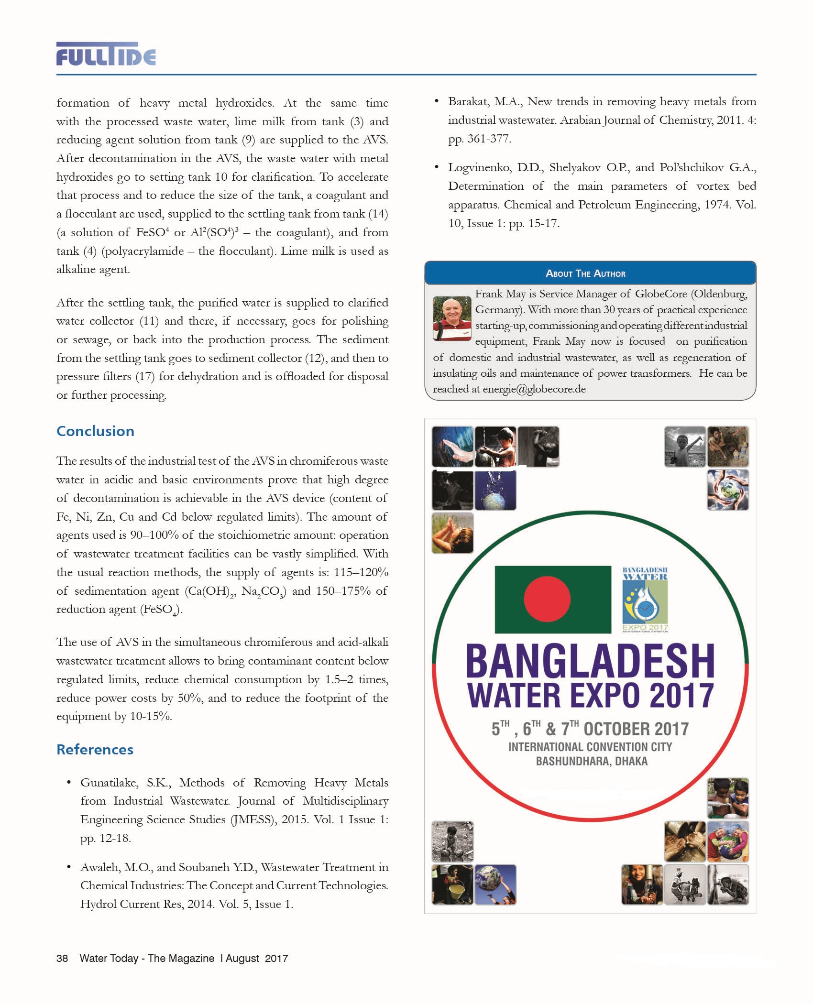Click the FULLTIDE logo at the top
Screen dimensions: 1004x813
click(x=106, y=54)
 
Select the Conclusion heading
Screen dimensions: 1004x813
click(x=95, y=431)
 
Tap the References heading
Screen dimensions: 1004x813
click(x=95, y=750)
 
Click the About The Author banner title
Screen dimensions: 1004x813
click(x=585, y=273)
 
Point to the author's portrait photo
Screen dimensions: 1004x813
click(x=451, y=318)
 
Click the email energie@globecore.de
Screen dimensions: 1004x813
click(x=534, y=389)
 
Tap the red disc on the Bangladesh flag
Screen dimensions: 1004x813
click(x=547, y=599)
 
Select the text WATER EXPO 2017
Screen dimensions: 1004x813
click(x=590, y=696)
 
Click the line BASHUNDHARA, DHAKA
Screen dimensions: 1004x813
click(x=591, y=762)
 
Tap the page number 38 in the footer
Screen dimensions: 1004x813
click(x=62, y=958)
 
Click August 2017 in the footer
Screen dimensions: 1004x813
click(x=257, y=958)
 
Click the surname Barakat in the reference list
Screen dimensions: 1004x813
click(x=468, y=102)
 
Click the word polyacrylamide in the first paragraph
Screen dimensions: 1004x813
click(x=143, y=251)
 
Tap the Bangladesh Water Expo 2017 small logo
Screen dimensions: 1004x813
click(x=645, y=600)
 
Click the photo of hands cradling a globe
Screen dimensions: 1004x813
click(x=727, y=490)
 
